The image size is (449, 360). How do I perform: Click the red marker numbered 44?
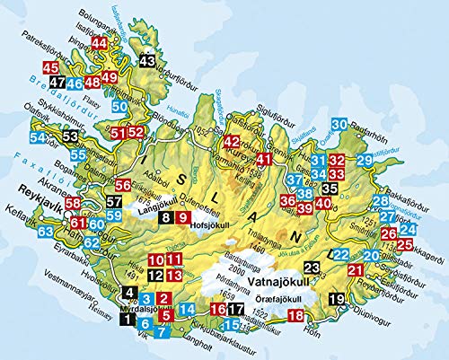(x=100, y=44)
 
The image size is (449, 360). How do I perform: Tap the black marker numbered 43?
(x=149, y=61)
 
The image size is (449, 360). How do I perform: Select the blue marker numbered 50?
(x=119, y=107)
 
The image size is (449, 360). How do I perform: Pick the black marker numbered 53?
(x=71, y=136)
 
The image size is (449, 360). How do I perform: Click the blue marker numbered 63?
(x=46, y=233)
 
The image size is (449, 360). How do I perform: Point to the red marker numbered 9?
(x=182, y=216)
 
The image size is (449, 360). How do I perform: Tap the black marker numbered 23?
(x=312, y=266)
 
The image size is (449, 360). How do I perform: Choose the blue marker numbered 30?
(x=339, y=124)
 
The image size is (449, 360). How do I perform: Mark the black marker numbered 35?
(x=330, y=189)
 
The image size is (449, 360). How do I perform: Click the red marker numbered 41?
(x=263, y=160)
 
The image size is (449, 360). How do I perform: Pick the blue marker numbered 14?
(x=186, y=311)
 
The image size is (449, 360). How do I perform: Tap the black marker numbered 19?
(x=337, y=299)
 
